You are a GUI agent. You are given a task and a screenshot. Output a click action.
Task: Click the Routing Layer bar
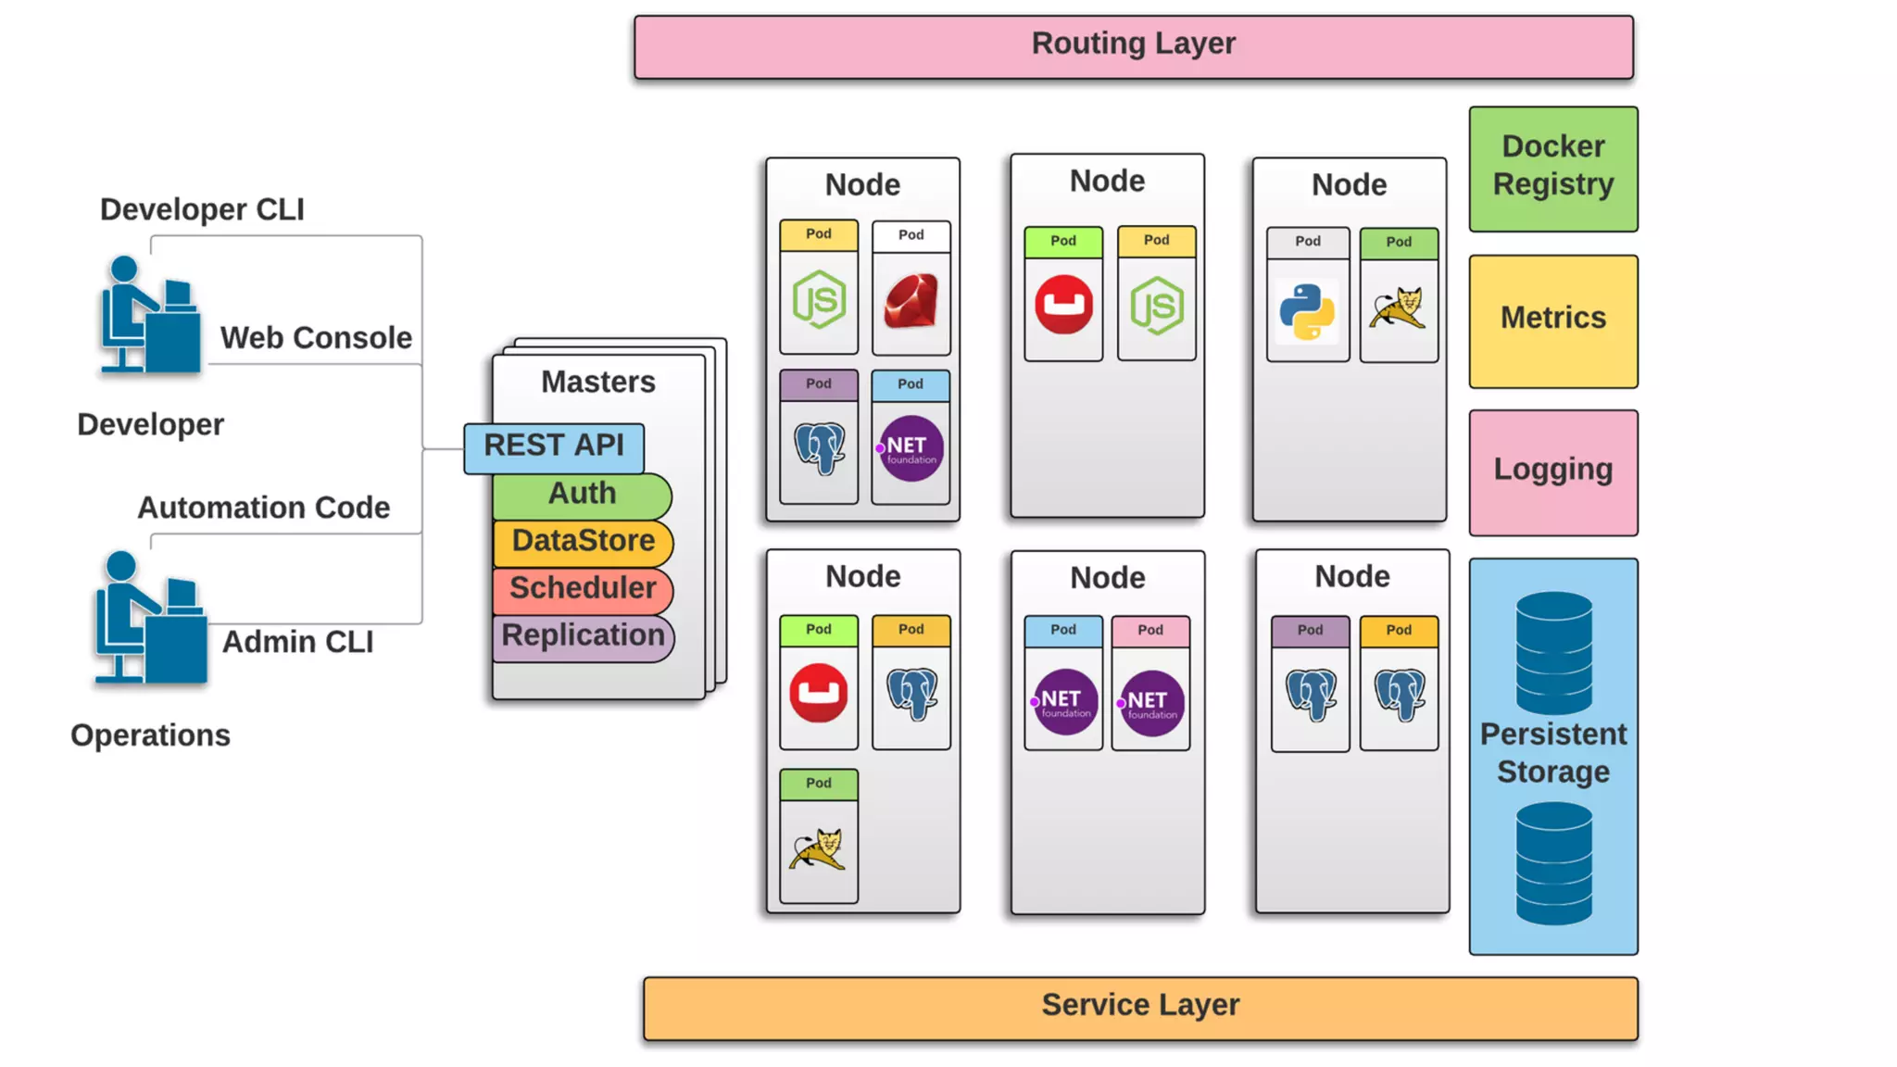point(1133,46)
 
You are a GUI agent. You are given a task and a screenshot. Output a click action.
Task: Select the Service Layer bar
point(1140,1008)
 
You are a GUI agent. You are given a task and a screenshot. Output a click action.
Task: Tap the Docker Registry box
point(1552,169)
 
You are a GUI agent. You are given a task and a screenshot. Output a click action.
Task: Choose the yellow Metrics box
point(1552,320)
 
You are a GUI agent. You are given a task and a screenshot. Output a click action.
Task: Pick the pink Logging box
point(1552,471)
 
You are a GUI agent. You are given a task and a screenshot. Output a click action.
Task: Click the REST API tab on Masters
point(554,447)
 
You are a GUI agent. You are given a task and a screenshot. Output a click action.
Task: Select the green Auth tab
point(582,495)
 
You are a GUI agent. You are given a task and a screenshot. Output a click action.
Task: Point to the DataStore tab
point(583,542)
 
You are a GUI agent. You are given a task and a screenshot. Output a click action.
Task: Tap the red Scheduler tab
point(583,589)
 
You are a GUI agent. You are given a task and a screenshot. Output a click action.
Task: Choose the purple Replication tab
point(583,637)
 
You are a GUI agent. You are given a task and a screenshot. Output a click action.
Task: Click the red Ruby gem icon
point(911,302)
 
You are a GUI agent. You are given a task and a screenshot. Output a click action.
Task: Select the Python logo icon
point(1307,311)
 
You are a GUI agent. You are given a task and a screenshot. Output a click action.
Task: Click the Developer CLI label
point(202,210)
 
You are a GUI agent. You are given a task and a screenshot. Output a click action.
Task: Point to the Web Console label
point(316,338)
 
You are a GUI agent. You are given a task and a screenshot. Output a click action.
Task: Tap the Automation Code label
point(263,508)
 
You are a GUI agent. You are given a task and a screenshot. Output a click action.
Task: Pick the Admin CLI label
point(297,642)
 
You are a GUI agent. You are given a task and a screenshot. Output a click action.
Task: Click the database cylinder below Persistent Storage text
point(1553,863)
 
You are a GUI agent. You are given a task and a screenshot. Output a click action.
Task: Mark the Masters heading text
point(597,383)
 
